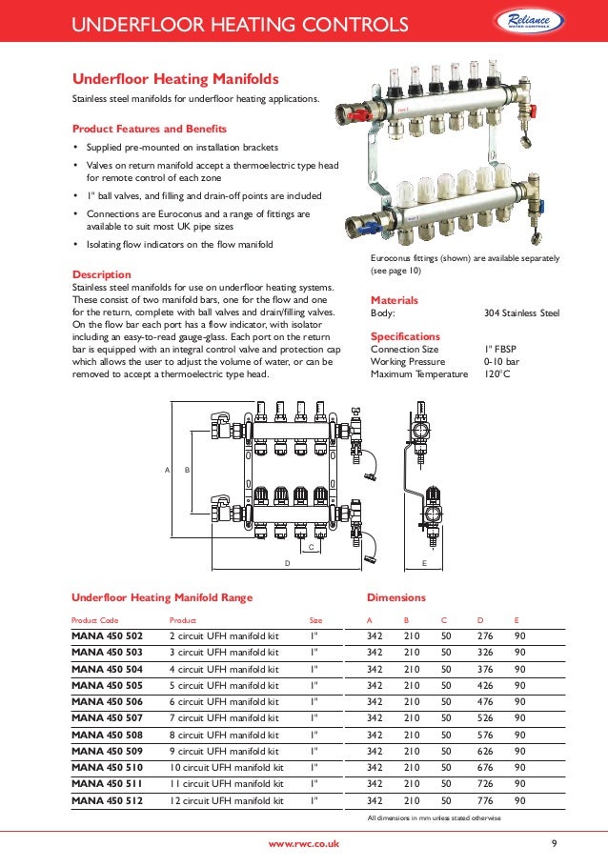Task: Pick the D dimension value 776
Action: pos(485,801)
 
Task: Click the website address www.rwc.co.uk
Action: pos(303,845)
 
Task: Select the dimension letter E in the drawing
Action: pos(424,564)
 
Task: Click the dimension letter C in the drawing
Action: pos(310,547)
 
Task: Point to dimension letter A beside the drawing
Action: pos(167,471)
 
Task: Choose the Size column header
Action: pos(316,619)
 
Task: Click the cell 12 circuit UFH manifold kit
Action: pos(226,801)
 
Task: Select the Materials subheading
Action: pos(394,300)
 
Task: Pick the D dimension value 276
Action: pos(485,636)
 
